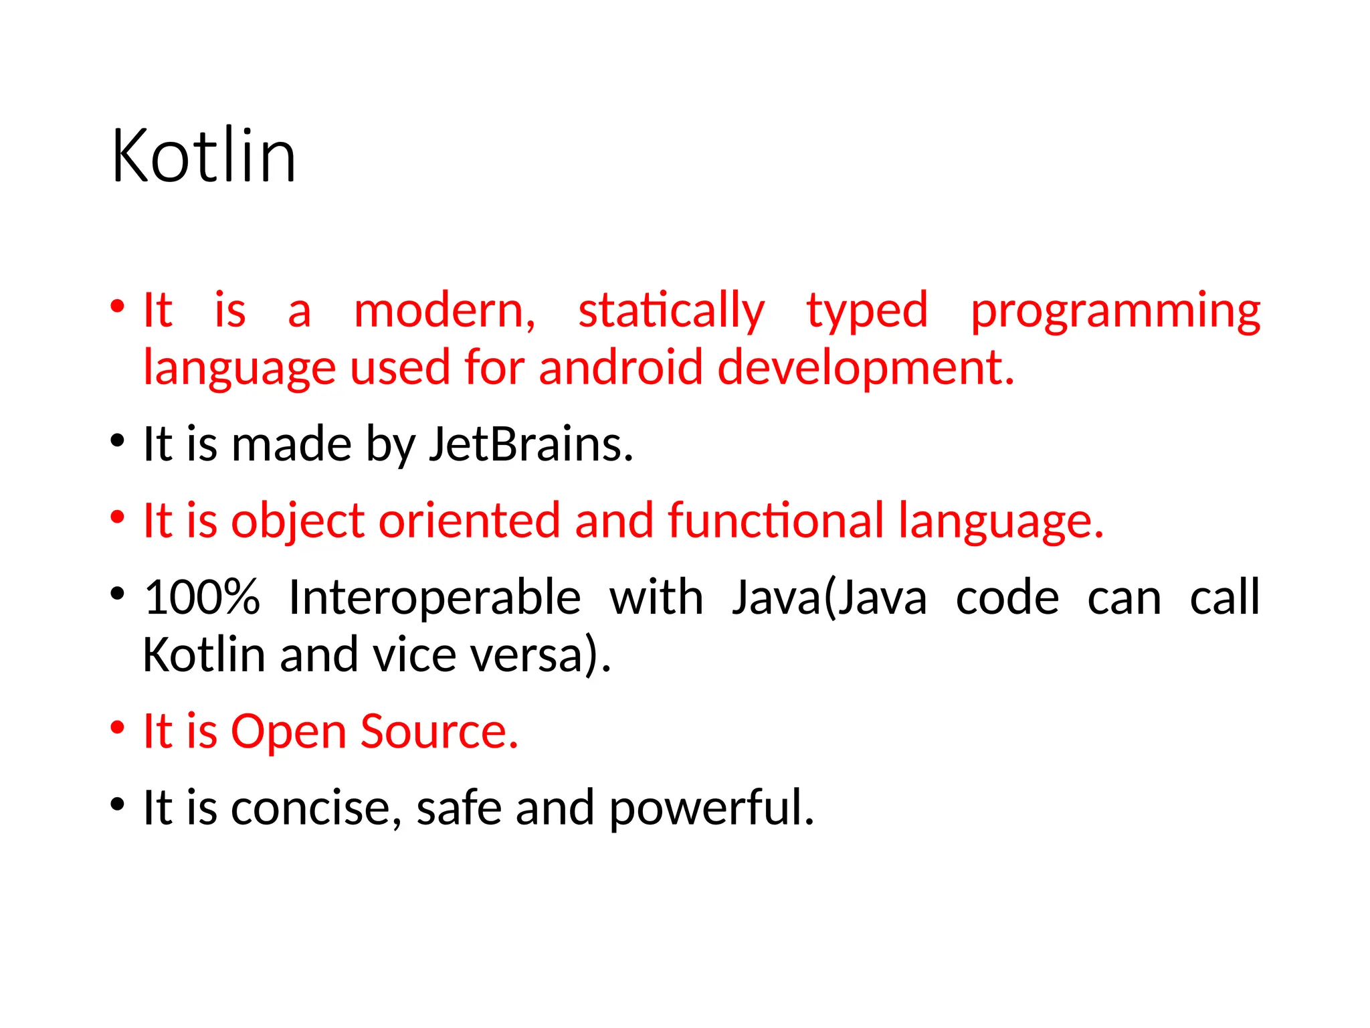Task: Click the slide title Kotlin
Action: coord(203,156)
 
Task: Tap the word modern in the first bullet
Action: coord(444,311)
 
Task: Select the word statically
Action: coord(671,311)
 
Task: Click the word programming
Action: coord(1115,312)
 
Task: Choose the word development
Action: coord(865,369)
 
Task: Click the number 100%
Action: coord(202,597)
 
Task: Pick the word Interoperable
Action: coord(434,598)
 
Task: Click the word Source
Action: coord(439,731)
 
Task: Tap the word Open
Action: coord(288,732)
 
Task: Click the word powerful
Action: coord(711,808)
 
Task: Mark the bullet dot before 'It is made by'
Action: coord(118,441)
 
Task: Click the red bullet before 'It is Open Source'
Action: coord(118,727)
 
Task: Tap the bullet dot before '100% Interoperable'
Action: coord(118,594)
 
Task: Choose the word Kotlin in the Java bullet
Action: coord(204,655)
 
